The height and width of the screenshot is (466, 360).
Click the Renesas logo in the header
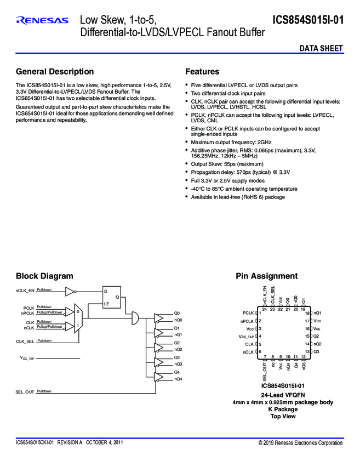coord(42,21)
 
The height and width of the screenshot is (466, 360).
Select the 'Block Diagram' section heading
coord(44,276)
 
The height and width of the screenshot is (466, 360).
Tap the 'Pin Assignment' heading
coord(267,276)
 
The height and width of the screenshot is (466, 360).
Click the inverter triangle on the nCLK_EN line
coord(71,291)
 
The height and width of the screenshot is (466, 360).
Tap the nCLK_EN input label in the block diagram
coord(25,291)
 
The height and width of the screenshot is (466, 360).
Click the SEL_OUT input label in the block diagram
coord(25,392)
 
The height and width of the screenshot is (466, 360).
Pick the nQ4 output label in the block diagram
coord(178,379)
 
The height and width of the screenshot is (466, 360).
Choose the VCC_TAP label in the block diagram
coord(27,358)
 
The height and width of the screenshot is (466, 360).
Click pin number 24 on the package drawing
coord(264,310)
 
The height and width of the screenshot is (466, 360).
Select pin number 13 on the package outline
coord(307,351)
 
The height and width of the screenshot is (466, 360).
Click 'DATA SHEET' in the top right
coord(321,48)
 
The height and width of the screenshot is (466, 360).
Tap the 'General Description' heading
coord(55,72)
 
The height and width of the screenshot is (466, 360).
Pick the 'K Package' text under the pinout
coord(283,409)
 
